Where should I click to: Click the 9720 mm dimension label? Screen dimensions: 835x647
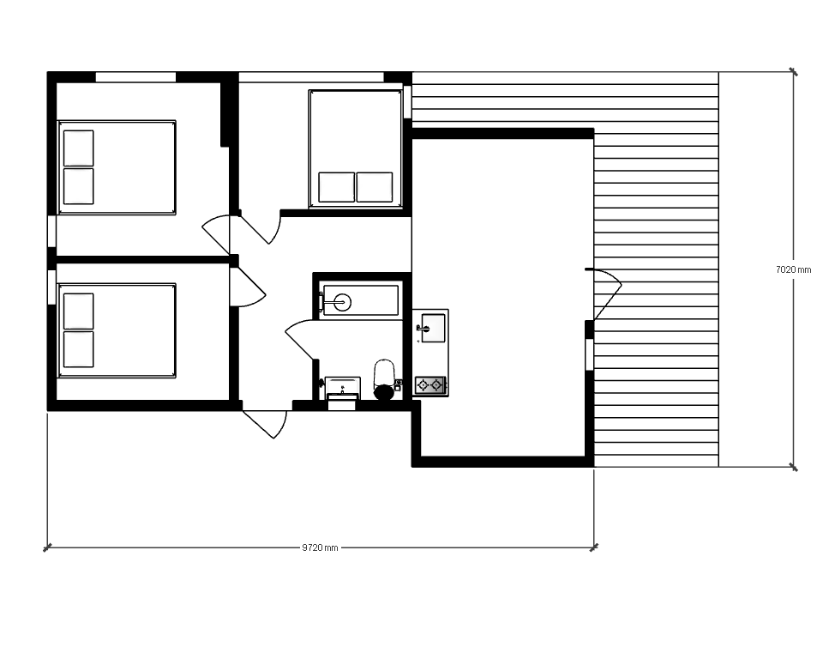tap(320, 547)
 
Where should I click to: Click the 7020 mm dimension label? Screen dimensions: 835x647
tap(794, 269)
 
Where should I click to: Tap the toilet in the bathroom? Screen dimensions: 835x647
tap(384, 379)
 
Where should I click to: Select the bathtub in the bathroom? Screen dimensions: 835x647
tap(361, 301)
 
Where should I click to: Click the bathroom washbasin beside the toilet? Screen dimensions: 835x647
tap(342, 388)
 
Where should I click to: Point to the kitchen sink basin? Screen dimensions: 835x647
tap(432, 328)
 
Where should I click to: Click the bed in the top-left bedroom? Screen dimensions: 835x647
tap(117, 167)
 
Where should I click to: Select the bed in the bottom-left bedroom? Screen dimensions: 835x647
tap(117, 331)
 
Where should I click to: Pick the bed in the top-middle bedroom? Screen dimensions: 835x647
tap(355, 149)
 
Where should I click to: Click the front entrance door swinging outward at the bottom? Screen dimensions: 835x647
tap(265, 424)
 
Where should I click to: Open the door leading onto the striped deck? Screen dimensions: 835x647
tap(604, 293)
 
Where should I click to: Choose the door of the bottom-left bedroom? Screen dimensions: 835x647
tap(248, 287)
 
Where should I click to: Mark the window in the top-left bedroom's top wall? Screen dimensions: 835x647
tap(135, 77)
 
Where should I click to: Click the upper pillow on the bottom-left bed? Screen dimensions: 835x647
tap(78, 311)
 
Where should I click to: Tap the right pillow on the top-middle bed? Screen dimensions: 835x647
tap(375, 187)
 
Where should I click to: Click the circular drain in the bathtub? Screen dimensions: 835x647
tap(343, 302)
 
